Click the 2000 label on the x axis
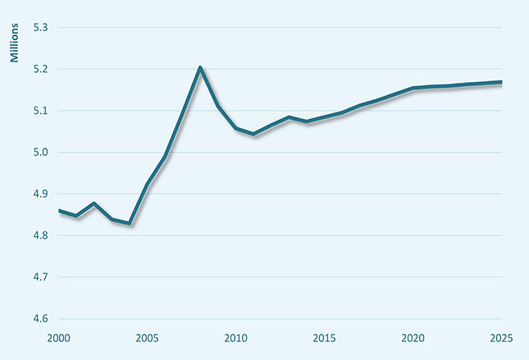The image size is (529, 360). click(x=58, y=339)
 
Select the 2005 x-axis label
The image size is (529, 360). click(x=148, y=339)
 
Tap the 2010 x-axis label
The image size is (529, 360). click(x=236, y=339)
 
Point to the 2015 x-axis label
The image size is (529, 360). click(x=325, y=339)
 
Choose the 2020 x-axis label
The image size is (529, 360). click(x=413, y=339)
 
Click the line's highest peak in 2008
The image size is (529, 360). click(x=200, y=67)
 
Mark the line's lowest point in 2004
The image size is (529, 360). click(x=130, y=223)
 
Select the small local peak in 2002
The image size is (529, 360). click(x=94, y=203)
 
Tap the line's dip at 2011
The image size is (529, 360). click(x=253, y=134)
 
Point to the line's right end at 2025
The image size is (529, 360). click(x=502, y=82)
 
